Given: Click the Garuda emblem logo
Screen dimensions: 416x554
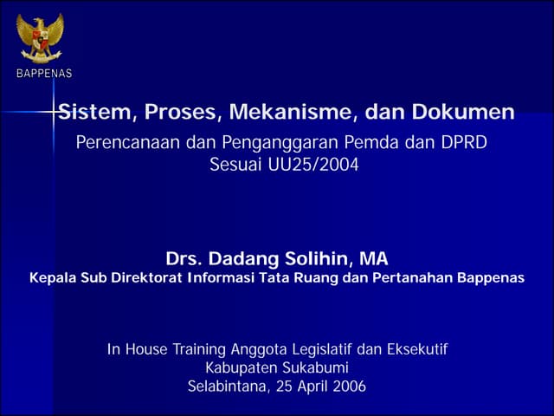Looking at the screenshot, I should click(40, 37).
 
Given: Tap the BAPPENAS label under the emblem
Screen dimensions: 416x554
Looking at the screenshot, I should click(43, 74).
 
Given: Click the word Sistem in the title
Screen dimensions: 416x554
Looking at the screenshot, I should click(95, 112).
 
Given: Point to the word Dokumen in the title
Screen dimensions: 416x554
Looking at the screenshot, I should click(467, 112).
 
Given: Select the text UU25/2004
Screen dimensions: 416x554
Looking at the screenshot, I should click(311, 164).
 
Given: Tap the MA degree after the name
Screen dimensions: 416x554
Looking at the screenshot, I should click(374, 258).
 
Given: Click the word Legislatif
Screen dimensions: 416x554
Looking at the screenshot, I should click(318, 349).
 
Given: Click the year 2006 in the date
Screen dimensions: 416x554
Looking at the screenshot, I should click(348, 387).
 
